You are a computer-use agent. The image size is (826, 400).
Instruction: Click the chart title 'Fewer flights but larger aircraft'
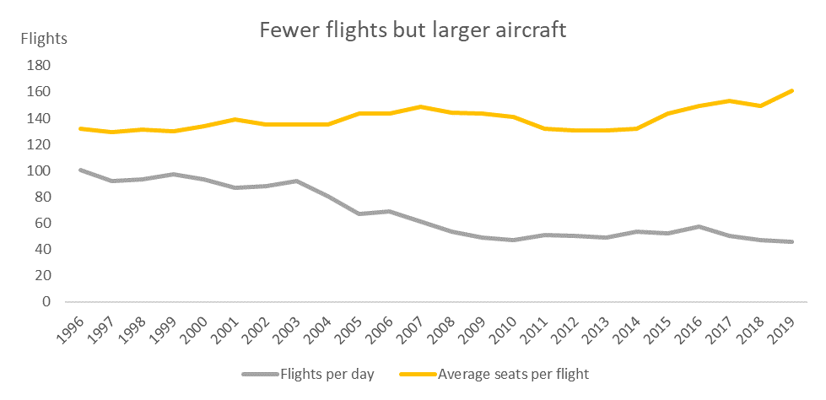coord(413,30)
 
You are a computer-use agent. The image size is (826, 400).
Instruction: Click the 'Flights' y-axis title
coord(44,38)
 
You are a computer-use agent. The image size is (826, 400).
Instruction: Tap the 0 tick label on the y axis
coord(47,302)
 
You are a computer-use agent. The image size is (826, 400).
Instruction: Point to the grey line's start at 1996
coord(79,170)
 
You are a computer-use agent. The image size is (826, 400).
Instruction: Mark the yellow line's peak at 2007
coord(421,107)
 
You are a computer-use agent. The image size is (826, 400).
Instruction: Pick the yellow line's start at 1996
coord(79,128)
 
